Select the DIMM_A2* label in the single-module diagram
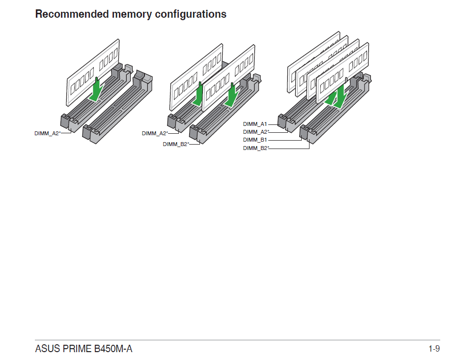[47, 133]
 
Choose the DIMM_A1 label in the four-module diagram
[255, 124]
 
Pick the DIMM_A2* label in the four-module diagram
[256, 132]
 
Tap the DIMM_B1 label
[255, 140]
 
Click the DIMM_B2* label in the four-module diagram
[256, 148]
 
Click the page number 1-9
[434, 349]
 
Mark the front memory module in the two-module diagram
[228, 81]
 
